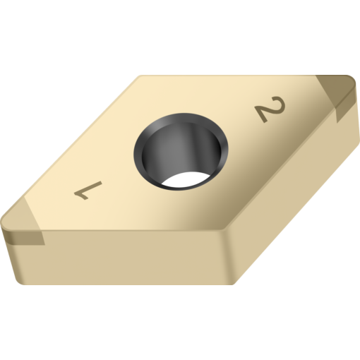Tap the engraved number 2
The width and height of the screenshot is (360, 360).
[271, 111]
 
